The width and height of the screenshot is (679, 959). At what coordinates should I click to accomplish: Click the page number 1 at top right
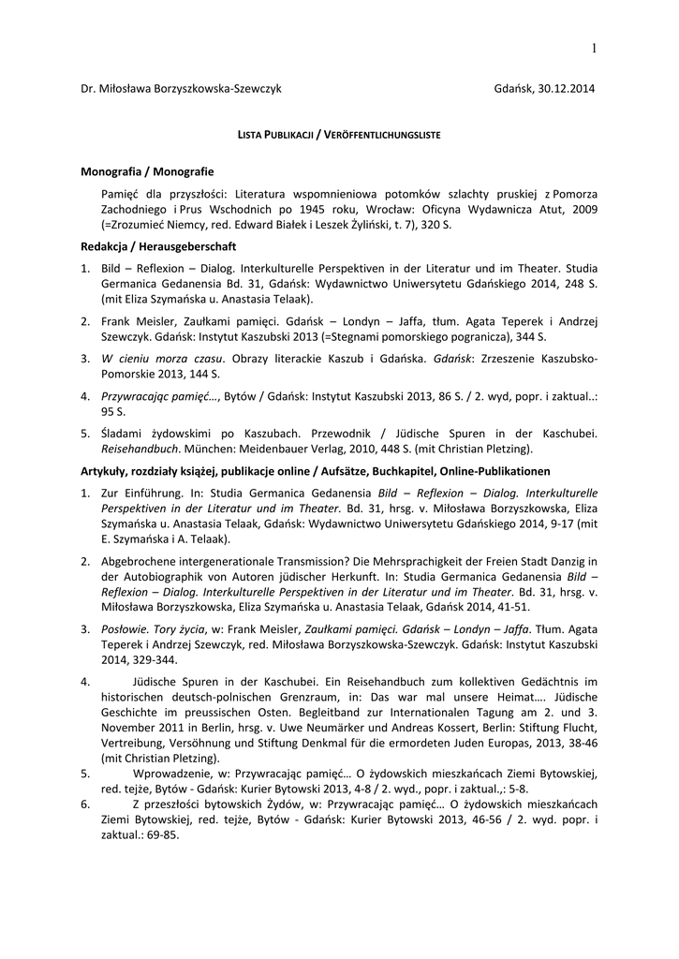[593, 48]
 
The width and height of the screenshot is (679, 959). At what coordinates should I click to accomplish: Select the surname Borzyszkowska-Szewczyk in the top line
[214, 88]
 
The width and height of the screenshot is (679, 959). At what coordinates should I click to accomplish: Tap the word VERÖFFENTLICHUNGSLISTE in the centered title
[381, 136]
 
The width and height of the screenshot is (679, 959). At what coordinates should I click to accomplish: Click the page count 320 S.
[434, 227]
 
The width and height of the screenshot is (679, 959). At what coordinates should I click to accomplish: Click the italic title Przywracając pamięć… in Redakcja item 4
[160, 396]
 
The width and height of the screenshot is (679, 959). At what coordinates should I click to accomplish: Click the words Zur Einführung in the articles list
[140, 492]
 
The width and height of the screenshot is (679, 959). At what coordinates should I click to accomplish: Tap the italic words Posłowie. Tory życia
[153, 629]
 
